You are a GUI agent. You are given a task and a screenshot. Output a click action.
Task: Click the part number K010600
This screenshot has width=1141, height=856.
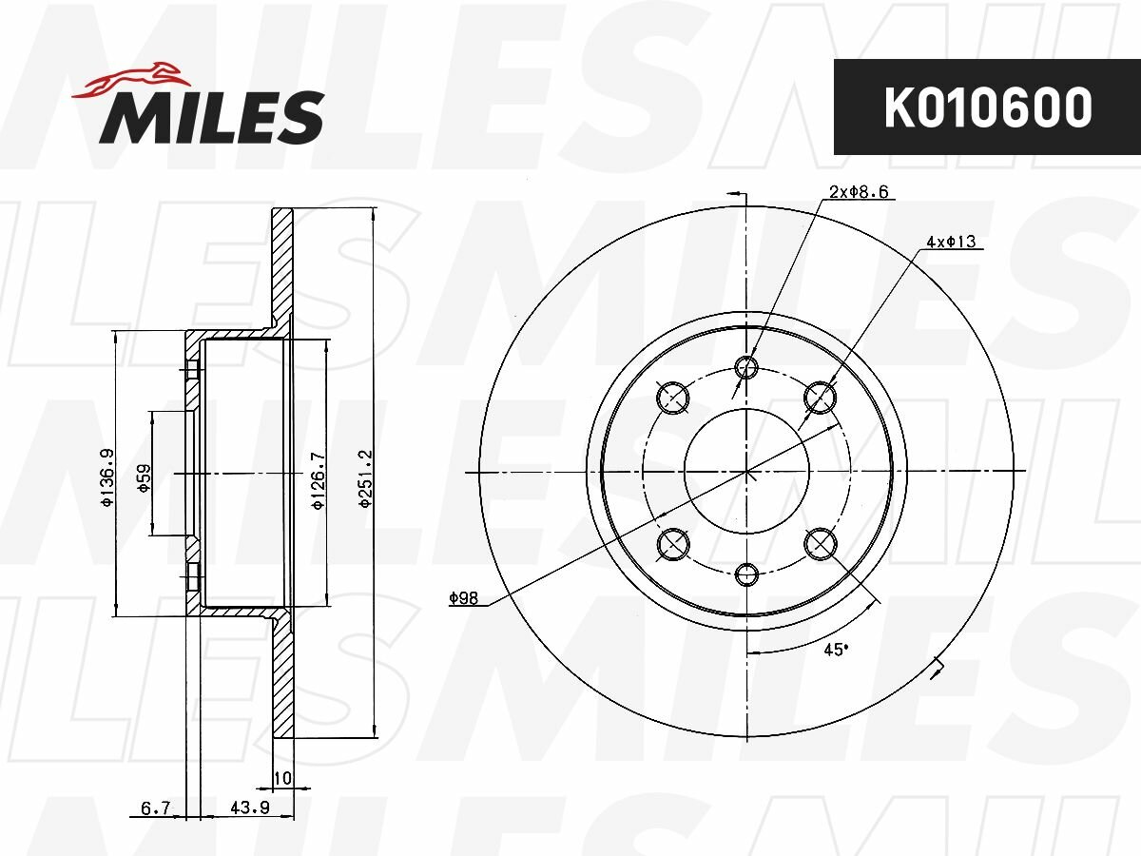987,107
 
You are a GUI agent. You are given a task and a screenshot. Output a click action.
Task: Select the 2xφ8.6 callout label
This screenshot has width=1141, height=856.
859,192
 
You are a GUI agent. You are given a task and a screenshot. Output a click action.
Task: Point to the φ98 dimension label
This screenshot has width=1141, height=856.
463,598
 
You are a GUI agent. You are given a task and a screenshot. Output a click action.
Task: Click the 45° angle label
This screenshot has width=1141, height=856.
834,650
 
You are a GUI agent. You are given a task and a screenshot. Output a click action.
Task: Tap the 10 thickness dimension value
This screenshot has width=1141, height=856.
281,779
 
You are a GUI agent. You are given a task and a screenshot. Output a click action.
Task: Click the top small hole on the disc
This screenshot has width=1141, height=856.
747,367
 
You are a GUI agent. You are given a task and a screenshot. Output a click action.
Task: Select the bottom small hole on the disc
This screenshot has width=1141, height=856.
747,574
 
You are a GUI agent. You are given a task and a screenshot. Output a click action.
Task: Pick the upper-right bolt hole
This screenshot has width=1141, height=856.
821,396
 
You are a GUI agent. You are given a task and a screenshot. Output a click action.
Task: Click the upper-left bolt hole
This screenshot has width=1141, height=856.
673,396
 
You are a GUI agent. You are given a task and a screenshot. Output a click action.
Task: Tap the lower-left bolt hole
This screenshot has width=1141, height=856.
673,544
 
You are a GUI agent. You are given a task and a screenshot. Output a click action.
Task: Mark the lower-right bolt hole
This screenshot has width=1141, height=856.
821,544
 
